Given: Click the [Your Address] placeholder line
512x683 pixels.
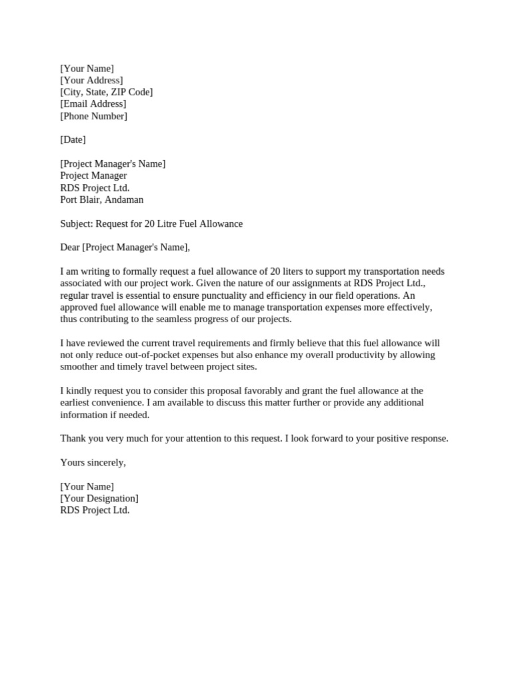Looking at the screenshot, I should [x=91, y=80].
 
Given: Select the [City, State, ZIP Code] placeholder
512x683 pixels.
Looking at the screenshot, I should [x=106, y=92].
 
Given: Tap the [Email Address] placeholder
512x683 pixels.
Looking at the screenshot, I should [x=93, y=104].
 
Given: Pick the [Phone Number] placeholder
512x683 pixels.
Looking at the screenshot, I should [x=93, y=116].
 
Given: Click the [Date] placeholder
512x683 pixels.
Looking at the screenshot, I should [x=73, y=139].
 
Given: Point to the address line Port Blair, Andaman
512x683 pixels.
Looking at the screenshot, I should [x=101, y=199].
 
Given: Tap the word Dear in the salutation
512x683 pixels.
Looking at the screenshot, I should [x=70, y=247].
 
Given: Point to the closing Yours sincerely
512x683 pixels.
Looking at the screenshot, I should [x=93, y=462].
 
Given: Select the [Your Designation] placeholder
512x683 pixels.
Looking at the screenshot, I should [x=99, y=498].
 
